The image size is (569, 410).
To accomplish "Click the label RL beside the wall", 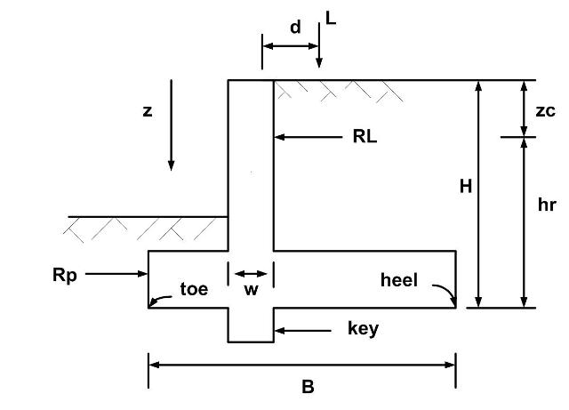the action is pyautogui.click(x=365, y=137).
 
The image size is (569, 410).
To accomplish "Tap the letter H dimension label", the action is pyautogui.click(x=466, y=187).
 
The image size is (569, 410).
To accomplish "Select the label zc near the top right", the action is pyautogui.click(x=545, y=111).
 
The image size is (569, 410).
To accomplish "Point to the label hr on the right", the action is pyautogui.click(x=547, y=205).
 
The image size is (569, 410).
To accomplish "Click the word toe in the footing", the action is pyautogui.click(x=194, y=289).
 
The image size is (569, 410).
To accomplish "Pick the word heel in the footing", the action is pyautogui.click(x=399, y=280).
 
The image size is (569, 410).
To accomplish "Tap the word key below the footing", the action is pyautogui.click(x=363, y=329).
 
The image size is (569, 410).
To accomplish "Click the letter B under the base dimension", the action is pyautogui.click(x=308, y=387).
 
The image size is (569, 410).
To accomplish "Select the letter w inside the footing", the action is pyautogui.click(x=251, y=290).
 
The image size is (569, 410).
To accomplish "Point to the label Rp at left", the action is pyautogui.click(x=65, y=276).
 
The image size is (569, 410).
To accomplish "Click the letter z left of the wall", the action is pyautogui.click(x=148, y=111).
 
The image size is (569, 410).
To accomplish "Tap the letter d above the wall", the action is pyautogui.click(x=295, y=28).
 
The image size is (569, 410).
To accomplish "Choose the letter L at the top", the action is pyautogui.click(x=331, y=18).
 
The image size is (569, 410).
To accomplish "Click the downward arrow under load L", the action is pyautogui.click(x=319, y=45).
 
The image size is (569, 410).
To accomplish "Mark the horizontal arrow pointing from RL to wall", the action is pyautogui.click(x=309, y=137).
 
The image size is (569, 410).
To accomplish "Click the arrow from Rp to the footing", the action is pyautogui.click(x=116, y=273).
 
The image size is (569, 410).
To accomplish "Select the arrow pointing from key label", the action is pyautogui.click(x=302, y=331).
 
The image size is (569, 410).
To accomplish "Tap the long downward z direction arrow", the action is pyautogui.click(x=171, y=125).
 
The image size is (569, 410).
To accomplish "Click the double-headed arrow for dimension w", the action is pyautogui.click(x=251, y=273).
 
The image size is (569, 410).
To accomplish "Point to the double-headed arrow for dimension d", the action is pyautogui.click(x=291, y=46).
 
